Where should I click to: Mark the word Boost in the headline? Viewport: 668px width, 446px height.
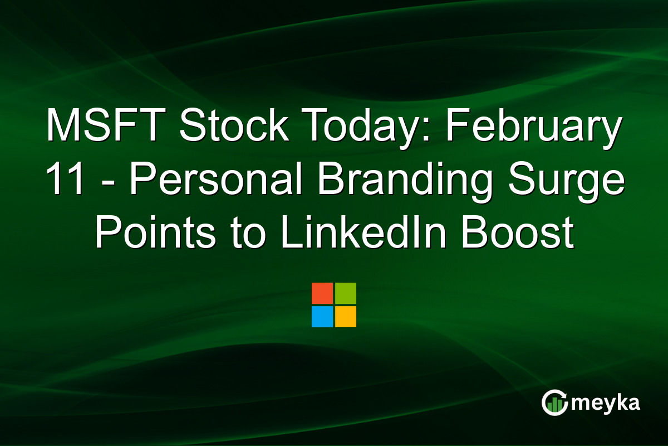click(x=522, y=234)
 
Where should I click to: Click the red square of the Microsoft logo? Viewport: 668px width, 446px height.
click(x=322, y=293)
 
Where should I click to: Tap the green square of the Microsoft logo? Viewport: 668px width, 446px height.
click(x=346, y=293)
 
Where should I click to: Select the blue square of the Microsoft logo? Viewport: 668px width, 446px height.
click(x=322, y=317)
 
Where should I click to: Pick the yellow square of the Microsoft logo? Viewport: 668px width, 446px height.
click(x=346, y=317)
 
